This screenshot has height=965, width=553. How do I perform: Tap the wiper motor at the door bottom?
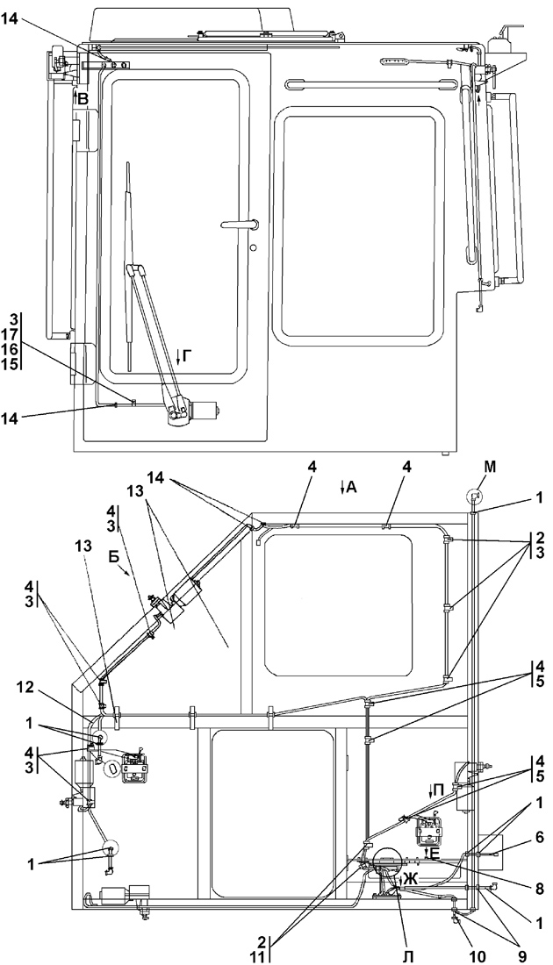pyautogui.click(x=205, y=409)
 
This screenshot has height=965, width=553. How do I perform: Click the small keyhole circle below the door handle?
pyautogui.click(x=253, y=248)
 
